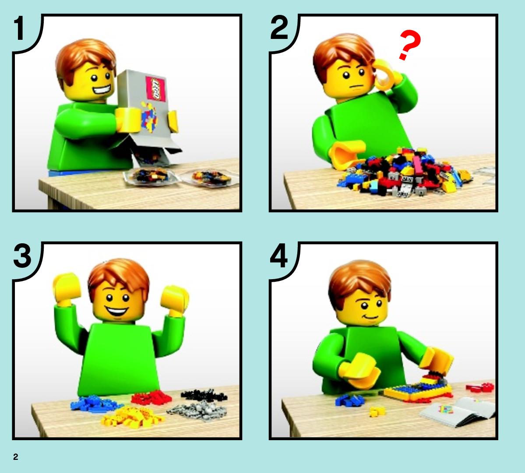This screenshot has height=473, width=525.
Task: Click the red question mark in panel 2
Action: [x=409, y=45]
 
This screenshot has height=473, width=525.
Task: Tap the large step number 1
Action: [x=19, y=28]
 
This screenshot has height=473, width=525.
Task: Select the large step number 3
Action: [x=22, y=256]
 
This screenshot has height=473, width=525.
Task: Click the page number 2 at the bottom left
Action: [x=16, y=457]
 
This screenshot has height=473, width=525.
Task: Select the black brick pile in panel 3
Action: [x=204, y=396]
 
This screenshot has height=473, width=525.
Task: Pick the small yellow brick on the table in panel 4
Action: [x=377, y=411]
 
